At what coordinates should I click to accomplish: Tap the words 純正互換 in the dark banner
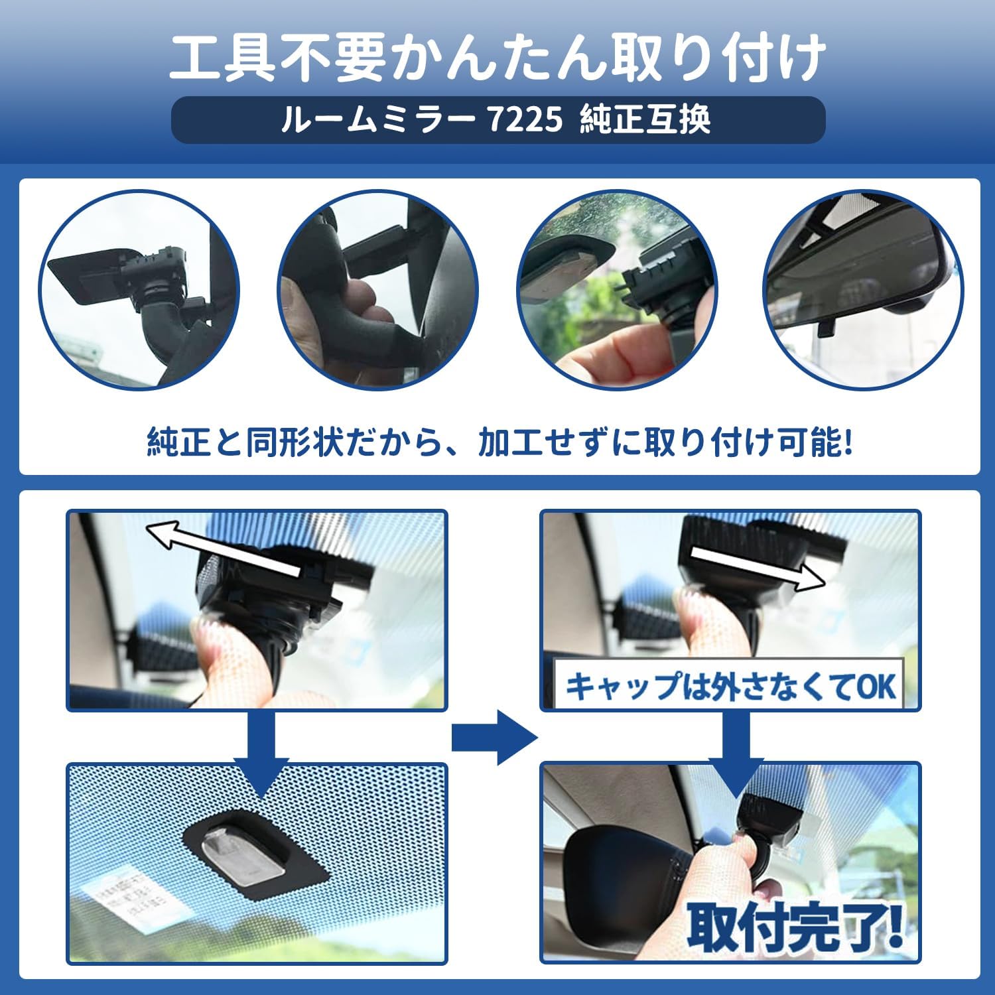pos(645,120)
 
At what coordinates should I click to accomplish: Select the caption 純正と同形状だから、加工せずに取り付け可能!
pos(499,442)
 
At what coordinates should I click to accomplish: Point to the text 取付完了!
pos(795,925)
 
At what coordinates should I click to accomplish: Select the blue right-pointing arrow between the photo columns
pos(494,737)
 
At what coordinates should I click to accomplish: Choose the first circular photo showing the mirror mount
pos(139,290)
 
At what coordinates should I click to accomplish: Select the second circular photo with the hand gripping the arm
pos(377,290)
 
